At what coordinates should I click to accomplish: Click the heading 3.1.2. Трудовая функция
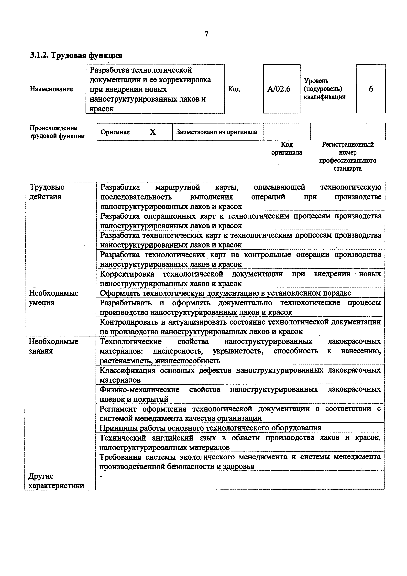click(x=76, y=55)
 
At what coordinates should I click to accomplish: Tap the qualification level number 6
click(x=371, y=89)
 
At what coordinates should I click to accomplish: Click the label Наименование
click(x=51, y=89)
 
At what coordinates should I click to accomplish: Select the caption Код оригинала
click(x=287, y=149)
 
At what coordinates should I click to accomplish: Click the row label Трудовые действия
click(x=47, y=192)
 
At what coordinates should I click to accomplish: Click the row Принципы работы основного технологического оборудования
click(x=210, y=428)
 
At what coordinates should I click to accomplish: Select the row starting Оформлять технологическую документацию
click(x=225, y=293)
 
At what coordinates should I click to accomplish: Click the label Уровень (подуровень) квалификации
click(x=324, y=89)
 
